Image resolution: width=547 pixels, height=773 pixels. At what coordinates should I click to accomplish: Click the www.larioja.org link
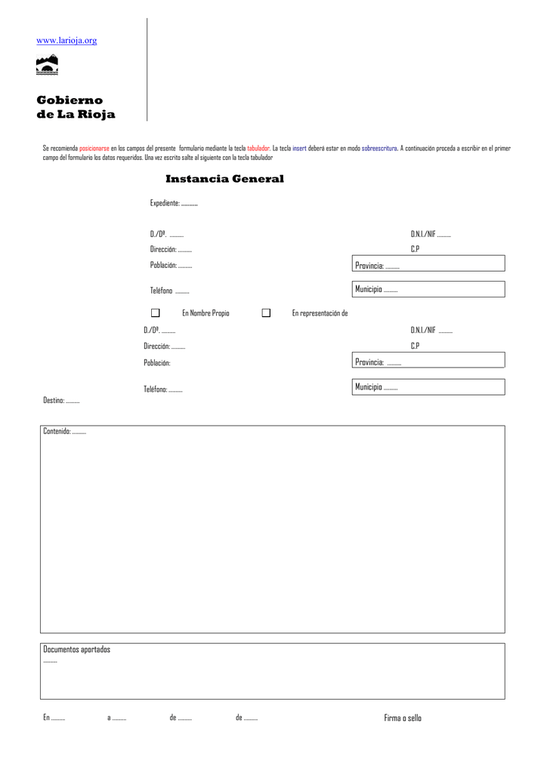pos(67,40)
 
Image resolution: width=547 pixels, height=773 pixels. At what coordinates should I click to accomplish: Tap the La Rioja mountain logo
pos(48,66)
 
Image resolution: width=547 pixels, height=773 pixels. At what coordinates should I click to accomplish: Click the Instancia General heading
pos(224,179)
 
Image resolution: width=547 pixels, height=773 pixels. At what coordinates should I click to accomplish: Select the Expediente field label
pos(165,203)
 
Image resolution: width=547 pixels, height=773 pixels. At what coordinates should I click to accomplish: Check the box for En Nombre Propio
pos(156,313)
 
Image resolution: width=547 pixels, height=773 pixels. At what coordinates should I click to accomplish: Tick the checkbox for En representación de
pos(266,313)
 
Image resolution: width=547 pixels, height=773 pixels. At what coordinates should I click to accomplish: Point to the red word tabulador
pos(258,149)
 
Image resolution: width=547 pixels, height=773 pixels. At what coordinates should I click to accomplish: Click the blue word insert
pos(299,149)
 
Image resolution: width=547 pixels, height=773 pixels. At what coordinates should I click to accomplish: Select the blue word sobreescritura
pos(379,149)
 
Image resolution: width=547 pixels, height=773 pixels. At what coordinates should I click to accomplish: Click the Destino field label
pos(54,401)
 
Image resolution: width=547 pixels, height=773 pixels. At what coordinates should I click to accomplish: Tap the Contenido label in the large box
pos(57,431)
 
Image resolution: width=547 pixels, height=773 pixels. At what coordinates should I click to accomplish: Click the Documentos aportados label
pos(76,649)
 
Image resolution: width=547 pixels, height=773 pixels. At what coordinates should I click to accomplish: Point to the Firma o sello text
pos(403,718)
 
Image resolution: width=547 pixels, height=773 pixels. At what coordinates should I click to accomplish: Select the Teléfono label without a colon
pos(161,291)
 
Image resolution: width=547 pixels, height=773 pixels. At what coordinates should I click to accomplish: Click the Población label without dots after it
pos(157,362)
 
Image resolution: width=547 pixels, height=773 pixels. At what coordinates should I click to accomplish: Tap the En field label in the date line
pos(46,718)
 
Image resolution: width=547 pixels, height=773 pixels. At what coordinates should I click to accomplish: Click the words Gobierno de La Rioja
pos(76,107)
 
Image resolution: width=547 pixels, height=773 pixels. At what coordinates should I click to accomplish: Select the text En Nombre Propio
pos(206,313)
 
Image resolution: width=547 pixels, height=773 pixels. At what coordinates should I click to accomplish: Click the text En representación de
pos(320,313)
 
